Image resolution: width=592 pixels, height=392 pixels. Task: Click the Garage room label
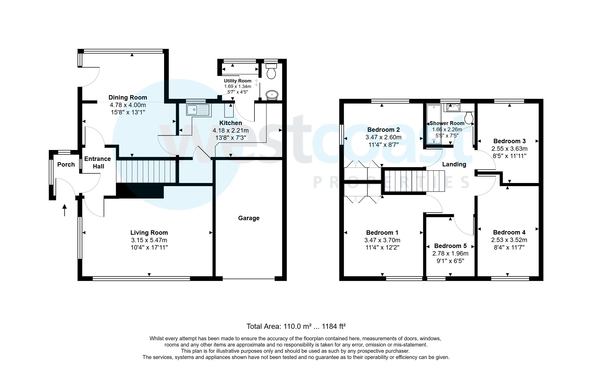point(249,218)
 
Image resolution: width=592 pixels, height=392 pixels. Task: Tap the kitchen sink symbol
point(197,110)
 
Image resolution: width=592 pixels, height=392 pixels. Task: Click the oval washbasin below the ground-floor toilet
point(272,95)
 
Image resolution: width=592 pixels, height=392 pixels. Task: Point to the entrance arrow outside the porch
point(64,210)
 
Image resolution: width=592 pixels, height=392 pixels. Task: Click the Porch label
point(66,165)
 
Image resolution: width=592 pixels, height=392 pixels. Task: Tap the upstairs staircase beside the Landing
point(414,181)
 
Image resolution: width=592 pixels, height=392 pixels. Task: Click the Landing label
point(454,164)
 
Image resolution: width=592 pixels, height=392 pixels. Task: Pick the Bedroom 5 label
point(450,246)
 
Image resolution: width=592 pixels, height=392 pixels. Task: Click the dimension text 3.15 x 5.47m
point(149,240)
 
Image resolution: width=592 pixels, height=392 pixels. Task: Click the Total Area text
point(296,326)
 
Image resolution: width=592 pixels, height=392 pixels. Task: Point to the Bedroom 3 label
point(509,141)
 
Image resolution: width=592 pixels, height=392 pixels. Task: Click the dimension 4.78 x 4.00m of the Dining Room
point(128,105)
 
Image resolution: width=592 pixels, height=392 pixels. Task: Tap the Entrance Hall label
point(98,162)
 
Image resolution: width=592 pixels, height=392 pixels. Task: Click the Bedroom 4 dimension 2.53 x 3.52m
point(509,240)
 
